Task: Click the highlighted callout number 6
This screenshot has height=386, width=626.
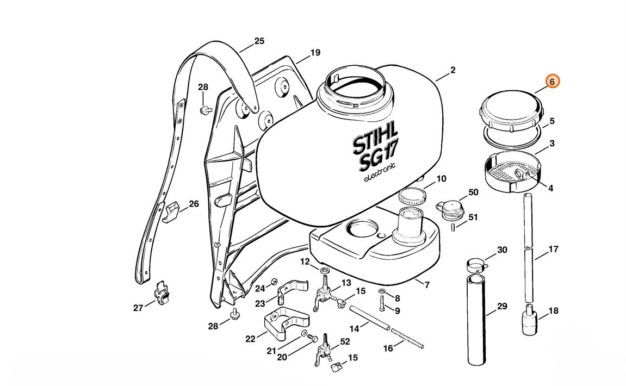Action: [552, 82]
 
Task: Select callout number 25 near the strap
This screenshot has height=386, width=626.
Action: [259, 41]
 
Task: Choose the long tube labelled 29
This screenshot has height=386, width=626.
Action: [477, 321]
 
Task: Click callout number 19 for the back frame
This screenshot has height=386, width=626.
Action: [315, 53]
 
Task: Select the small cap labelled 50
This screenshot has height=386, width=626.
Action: [450, 208]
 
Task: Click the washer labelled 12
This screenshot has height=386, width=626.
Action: [325, 271]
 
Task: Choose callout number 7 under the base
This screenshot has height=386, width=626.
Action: [426, 285]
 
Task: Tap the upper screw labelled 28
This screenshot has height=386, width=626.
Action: [205, 110]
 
